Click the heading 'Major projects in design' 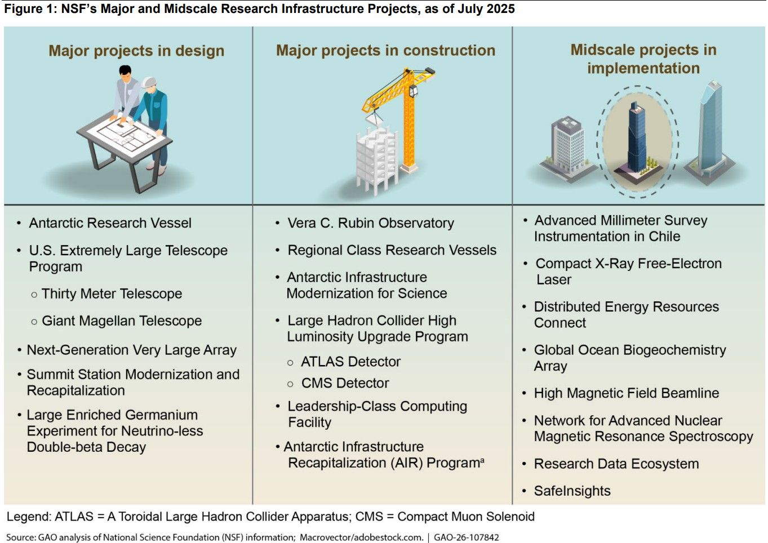point(136,51)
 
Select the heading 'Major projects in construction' point(385,51)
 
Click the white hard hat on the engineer point(149,83)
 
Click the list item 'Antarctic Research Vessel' point(110,223)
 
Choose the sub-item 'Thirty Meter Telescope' point(112,293)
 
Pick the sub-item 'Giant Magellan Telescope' point(122,321)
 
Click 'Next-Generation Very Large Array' point(132,350)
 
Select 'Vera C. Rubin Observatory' point(371,223)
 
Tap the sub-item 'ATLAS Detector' point(350,362)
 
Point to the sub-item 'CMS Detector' point(345,383)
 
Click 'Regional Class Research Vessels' point(392,250)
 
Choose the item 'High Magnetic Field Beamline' point(627,393)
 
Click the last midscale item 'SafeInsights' point(572,491)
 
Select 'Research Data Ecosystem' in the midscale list point(616,464)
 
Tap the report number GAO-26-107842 point(467,537)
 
